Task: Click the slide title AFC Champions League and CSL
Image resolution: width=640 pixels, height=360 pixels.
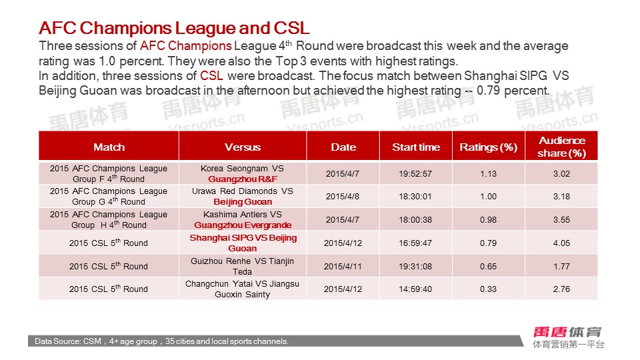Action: (174, 28)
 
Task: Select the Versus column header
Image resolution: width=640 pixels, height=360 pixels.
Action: (243, 147)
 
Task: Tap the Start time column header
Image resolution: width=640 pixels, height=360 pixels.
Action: (416, 147)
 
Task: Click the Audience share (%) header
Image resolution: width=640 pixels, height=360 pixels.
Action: (561, 147)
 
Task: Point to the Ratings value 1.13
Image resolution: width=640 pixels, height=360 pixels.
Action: (488, 174)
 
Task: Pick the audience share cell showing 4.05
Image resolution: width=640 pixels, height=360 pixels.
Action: (561, 243)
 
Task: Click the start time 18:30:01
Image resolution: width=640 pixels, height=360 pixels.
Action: (415, 197)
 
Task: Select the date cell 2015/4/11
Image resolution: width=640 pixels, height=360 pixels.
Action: (343, 267)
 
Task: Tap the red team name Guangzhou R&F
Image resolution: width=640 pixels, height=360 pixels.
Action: (243, 179)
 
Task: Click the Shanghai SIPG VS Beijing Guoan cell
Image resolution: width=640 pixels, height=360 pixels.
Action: (243, 243)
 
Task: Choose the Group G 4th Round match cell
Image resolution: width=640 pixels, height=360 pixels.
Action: (109, 196)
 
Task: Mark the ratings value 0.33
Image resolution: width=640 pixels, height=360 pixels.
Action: (488, 289)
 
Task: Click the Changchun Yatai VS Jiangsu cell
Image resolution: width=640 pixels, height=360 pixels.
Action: (243, 289)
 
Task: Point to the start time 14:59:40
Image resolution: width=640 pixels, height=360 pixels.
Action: (415, 289)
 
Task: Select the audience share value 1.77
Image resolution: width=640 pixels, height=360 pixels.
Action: (561, 267)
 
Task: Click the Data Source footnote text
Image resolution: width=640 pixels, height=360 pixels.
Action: (161, 341)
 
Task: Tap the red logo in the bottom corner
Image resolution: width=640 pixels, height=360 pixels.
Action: (567, 332)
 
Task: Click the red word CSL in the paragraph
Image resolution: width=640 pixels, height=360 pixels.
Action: (211, 76)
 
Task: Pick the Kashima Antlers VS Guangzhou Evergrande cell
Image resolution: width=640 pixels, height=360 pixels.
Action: (243, 219)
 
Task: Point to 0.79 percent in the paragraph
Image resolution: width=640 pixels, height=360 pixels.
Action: (513, 90)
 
